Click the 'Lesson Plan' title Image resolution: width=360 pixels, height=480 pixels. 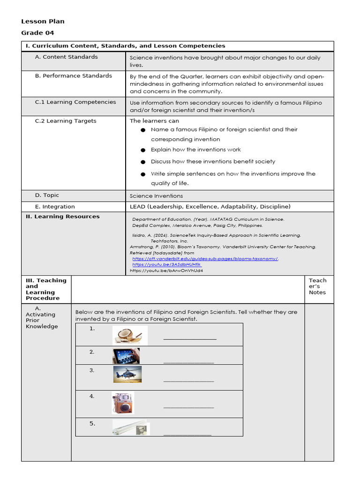[x=43, y=22]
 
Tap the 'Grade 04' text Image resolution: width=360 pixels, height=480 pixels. [x=37, y=33]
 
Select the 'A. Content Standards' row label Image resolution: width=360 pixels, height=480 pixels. [x=66, y=57]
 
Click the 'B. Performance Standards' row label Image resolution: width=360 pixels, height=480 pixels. [x=73, y=76]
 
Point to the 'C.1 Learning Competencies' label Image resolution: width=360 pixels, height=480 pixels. [x=75, y=102]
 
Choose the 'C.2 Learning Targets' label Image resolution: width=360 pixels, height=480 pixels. [x=65, y=121]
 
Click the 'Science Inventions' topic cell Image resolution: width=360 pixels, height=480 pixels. [x=156, y=196]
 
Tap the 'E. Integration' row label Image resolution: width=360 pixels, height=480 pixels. [x=54, y=207]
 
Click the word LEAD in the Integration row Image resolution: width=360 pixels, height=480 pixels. [x=138, y=207]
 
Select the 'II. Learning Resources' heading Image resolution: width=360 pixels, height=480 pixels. [x=62, y=217]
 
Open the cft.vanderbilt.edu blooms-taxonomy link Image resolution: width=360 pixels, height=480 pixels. [x=205, y=259]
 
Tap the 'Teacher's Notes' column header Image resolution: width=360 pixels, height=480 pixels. [x=318, y=286]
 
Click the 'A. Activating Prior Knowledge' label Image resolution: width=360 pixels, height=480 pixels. [x=41, y=317]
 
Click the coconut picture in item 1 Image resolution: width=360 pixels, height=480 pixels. [x=130, y=335]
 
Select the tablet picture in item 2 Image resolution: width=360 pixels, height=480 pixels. [x=126, y=356]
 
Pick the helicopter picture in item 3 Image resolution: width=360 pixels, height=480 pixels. [x=127, y=375]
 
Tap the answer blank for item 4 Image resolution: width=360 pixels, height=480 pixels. [x=188, y=407]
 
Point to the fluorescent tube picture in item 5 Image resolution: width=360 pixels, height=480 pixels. [x=131, y=427]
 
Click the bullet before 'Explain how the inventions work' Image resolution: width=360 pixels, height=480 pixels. [x=142, y=150]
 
